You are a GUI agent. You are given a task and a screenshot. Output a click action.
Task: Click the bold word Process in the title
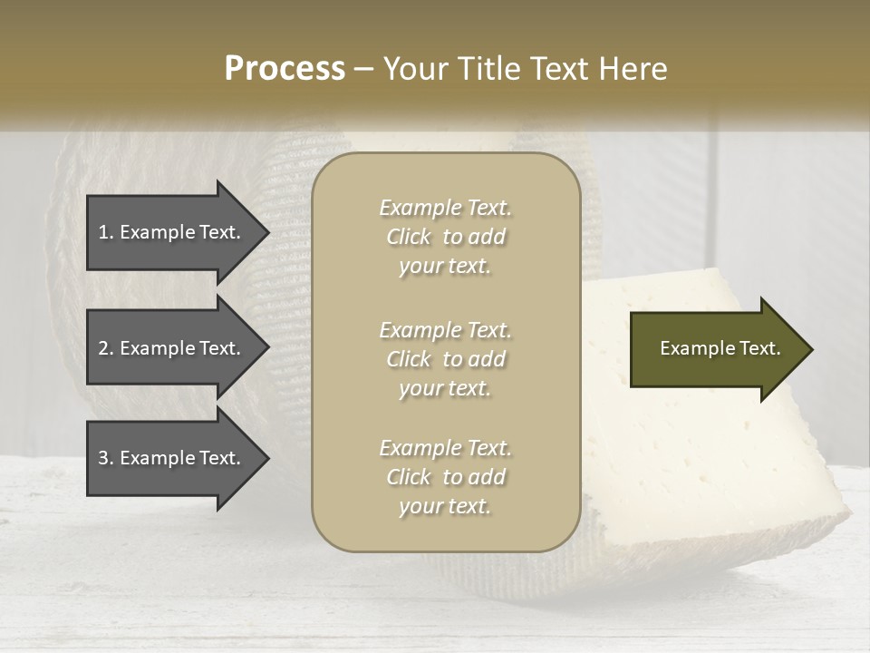click(x=285, y=69)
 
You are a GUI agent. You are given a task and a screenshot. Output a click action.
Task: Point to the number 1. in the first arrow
click(x=106, y=232)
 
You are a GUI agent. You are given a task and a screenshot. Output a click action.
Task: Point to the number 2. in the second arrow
click(x=106, y=348)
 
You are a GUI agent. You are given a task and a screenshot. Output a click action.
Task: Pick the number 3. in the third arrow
click(x=106, y=458)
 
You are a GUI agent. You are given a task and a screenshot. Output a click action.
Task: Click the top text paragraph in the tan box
click(x=445, y=237)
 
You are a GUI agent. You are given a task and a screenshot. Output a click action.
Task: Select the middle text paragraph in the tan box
click(x=445, y=359)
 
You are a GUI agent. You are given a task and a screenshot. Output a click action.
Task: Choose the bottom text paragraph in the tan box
click(x=445, y=477)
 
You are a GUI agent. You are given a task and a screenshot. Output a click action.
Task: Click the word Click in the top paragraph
click(x=409, y=237)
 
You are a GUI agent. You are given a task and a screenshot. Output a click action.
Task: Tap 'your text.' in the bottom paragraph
click(x=445, y=507)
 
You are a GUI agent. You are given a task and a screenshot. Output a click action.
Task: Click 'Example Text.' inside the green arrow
click(x=720, y=348)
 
